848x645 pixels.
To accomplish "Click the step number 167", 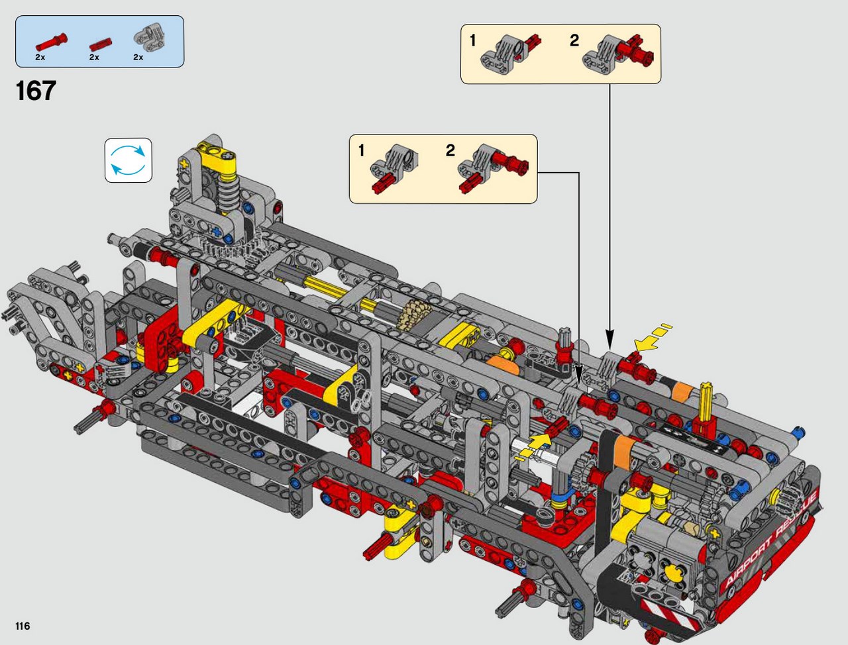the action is pyautogui.click(x=36, y=91).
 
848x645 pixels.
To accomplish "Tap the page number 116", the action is pyautogui.click(x=23, y=626).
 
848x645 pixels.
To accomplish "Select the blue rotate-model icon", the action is pyautogui.click(x=129, y=160).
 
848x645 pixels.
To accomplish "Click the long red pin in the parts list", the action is pyautogui.click(x=52, y=42).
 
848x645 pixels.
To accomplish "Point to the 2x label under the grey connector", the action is pyautogui.click(x=138, y=58).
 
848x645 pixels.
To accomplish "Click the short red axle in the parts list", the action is pyautogui.click(x=101, y=44).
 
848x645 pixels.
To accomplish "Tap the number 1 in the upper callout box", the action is pyautogui.click(x=473, y=41).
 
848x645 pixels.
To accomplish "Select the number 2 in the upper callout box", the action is pyautogui.click(x=574, y=41).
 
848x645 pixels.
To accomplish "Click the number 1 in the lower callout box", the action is pyautogui.click(x=362, y=151).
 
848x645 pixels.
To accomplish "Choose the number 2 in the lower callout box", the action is pyautogui.click(x=450, y=151).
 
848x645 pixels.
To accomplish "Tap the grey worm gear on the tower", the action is pyautogui.click(x=229, y=192).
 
